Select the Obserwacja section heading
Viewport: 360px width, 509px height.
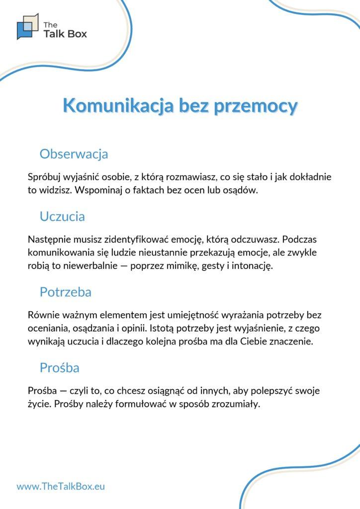(x=74, y=154)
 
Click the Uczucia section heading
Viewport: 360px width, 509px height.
(x=62, y=216)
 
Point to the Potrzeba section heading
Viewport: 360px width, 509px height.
(x=65, y=292)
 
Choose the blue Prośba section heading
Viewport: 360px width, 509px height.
(x=59, y=368)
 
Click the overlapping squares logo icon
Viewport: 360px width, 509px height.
(x=27, y=26)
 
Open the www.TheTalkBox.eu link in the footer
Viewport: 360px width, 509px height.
(x=61, y=487)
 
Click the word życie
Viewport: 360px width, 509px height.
(x=38, y=405)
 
